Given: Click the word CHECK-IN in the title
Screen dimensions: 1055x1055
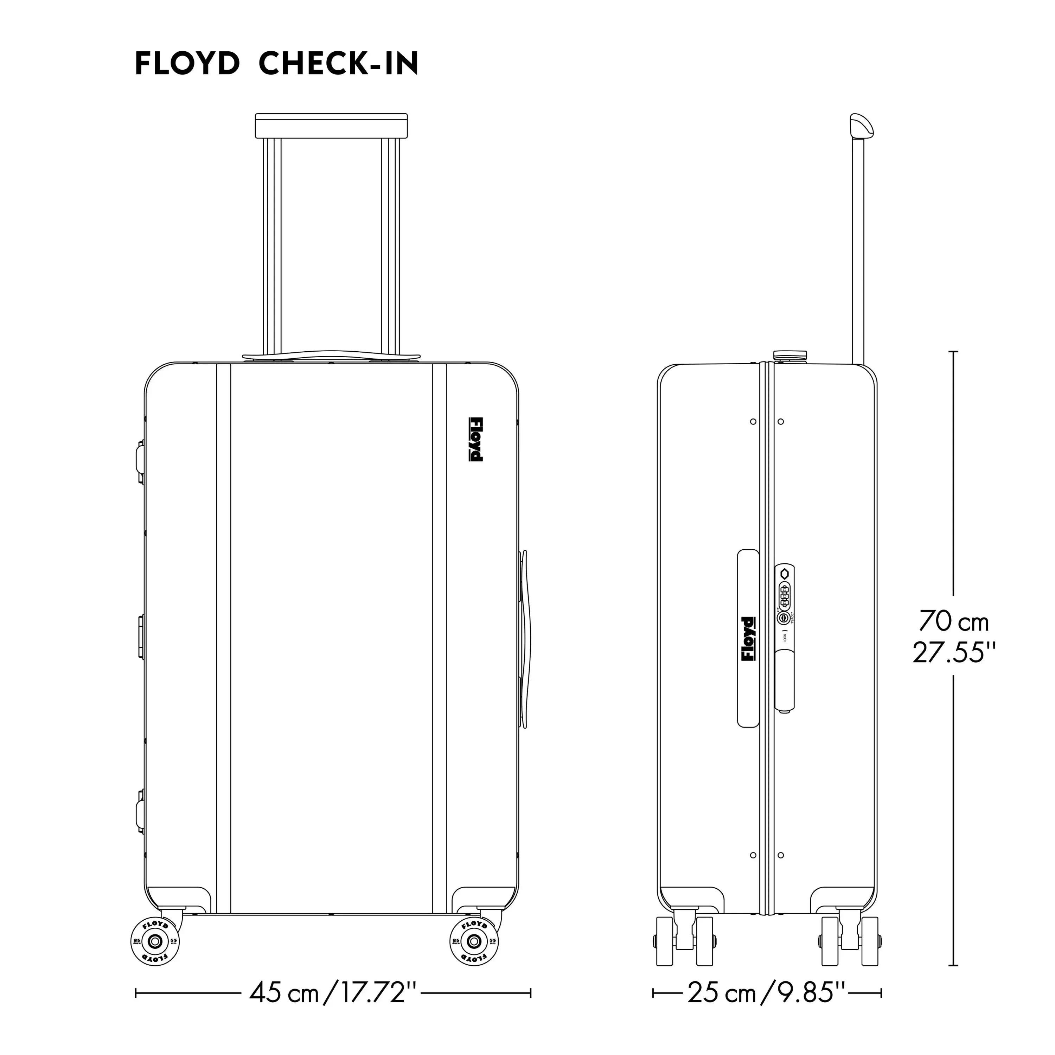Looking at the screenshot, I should click(x=338, y=64).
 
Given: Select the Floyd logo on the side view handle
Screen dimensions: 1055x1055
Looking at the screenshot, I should click(x=748, y=639).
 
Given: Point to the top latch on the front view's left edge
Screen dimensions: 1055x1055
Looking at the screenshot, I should click(x=140, y=462).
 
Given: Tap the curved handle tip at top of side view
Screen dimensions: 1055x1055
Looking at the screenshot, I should click(x=861, y=126).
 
